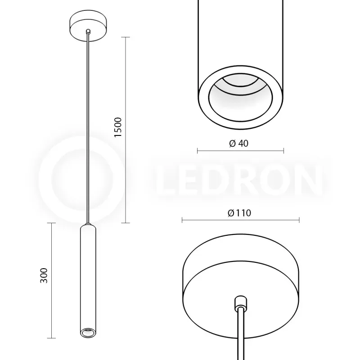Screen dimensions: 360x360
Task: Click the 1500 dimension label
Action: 118,127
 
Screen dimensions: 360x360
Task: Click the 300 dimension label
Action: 44,275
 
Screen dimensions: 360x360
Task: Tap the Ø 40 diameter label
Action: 239,143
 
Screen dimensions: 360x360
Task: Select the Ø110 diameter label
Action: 239,213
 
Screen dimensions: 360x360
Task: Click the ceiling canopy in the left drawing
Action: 88,26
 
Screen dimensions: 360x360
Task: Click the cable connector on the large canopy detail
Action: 240,302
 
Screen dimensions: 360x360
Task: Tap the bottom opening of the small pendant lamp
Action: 88,333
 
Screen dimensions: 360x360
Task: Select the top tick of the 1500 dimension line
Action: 126,37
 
